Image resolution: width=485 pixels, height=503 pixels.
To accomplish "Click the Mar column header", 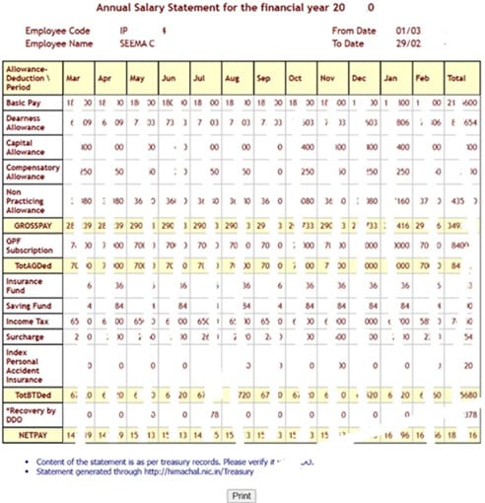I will click(x=73, y=77).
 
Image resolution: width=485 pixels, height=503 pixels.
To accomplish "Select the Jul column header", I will click(x=199, y=77).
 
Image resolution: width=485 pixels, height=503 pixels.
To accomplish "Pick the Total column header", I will click(x=456, y=77).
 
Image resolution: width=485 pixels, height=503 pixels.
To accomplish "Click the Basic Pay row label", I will click(x=27, y=103).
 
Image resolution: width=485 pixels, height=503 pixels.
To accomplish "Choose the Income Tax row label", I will click(x=30, y=321).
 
